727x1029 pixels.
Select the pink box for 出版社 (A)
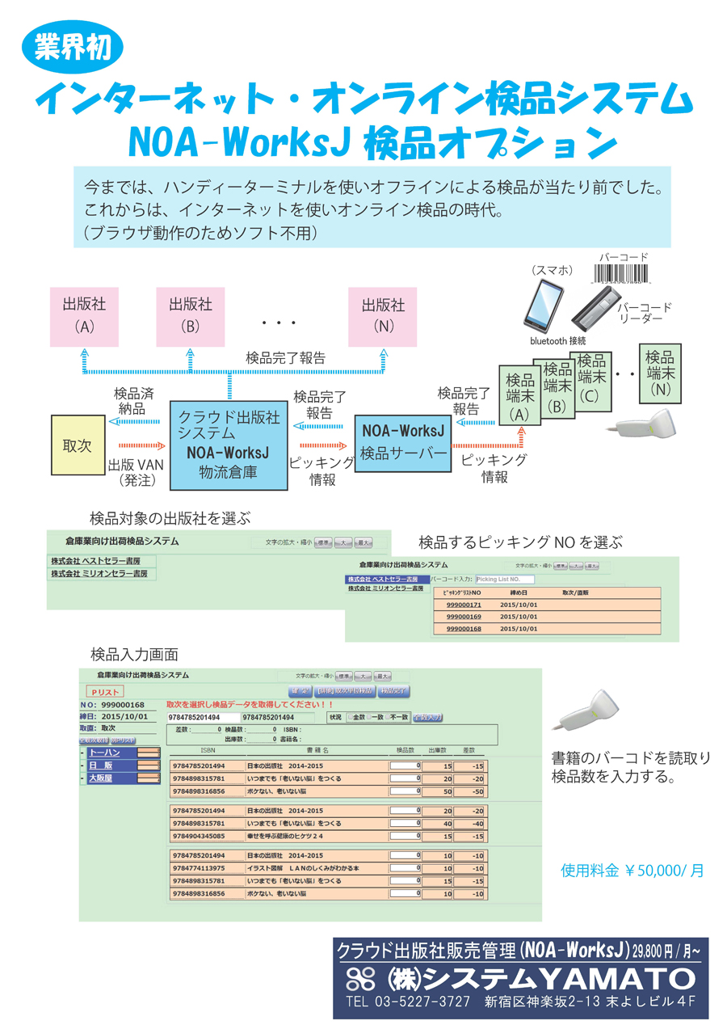(84, 315)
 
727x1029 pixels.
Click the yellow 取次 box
(78, 445)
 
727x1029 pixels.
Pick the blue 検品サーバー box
(404, 441)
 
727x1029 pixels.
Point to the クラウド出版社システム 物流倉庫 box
(229, 444)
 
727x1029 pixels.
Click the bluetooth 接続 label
(557, 341)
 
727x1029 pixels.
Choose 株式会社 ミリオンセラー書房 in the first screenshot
(99, 573)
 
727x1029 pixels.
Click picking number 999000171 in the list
(464, 605)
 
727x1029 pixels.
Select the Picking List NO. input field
(506, 580)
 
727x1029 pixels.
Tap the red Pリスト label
(105, 692)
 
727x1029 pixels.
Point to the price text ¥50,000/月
(632, 871)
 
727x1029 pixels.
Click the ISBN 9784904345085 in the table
(199, 835)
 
